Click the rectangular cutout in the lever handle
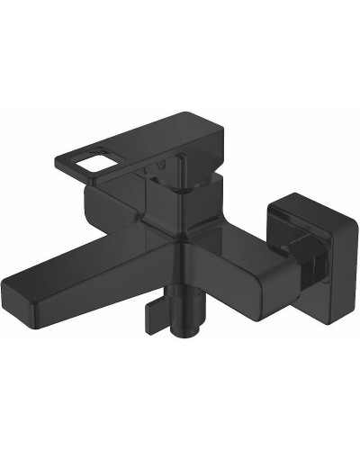point(86,161)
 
